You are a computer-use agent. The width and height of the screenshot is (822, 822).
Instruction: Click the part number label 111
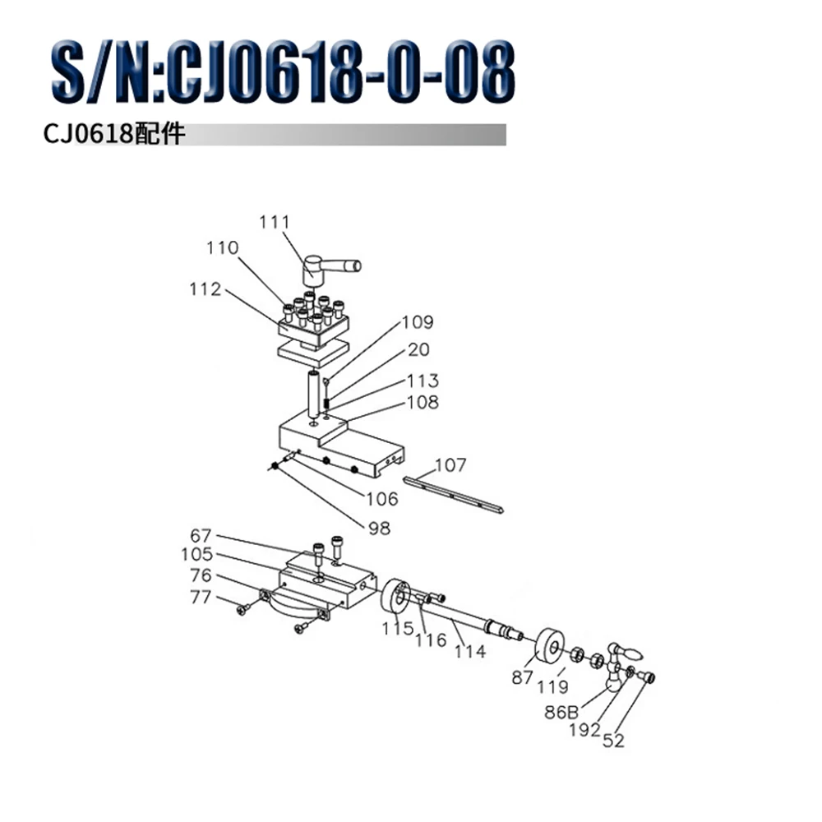pyautogui.click(x=275, y=222)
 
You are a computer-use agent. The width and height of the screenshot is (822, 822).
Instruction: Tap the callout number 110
pyautogui.click(x=223, y=248)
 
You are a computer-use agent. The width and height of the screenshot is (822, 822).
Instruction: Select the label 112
pyautogui.click(x=205, y=289)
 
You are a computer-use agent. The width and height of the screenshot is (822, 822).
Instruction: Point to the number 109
pyautogui.click(x=417, y=322)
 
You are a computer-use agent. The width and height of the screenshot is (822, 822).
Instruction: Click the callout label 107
pyautogui.click(x=450, y=465)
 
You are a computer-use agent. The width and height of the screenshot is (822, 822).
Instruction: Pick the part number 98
pyautogui.click(x=379, y=529)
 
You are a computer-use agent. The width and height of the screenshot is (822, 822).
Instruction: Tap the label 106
pyautogui.click(x=381, y=499)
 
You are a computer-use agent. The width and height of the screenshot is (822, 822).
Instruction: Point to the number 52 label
pyautogui.click(x=613, y=741)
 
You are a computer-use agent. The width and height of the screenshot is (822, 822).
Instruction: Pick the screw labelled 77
pyautogui.click(x=243, y=611)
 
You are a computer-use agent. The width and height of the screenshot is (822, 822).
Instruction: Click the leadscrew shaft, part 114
pyautogui.click(x=469, y=618)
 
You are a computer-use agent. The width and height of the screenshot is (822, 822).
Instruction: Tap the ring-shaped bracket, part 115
pyautogui.click(x=395, y=597)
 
